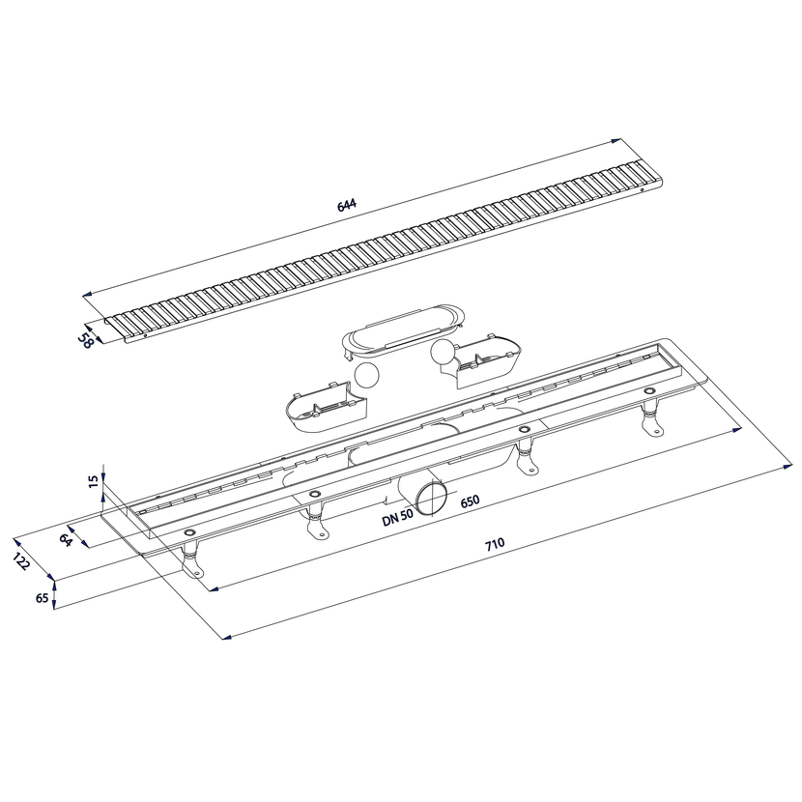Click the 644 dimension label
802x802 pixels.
pos(347,205)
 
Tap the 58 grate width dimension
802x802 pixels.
pos(85,341)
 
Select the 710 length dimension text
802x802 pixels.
pos(495,544)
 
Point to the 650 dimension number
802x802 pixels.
pos(470,501)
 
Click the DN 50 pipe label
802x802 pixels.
pos(397,518)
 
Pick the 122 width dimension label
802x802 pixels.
pos(21,561)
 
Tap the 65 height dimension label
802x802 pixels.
pos(42,598)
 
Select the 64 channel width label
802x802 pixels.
pos(65,540)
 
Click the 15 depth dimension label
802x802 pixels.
pos(93,481)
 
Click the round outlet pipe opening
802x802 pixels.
pos(430,499)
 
